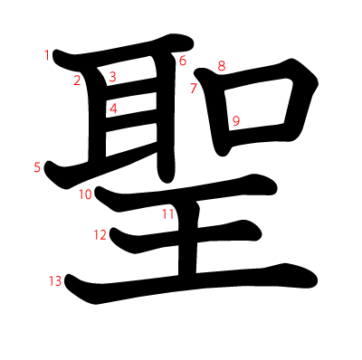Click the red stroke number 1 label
(x=47, y=55)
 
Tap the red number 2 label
(x=77, y=81)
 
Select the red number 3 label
(x=113, y=77)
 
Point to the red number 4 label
(x=113, y=109)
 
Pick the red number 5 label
(x=37, y=167)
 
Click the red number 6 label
(x=183, y=61)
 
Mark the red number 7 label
(x=194, y=88)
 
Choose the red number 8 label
(x=222, y=66)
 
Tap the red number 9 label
(x=236, y=121)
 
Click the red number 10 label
(x=85, y=194)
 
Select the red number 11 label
(x=168, y=214)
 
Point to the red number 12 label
(x=100, y=235)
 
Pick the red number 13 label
(x=55, y=281)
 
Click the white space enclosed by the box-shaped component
(x=256, y=106)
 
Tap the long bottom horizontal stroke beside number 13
(x=191, y=283)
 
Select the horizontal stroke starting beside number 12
(x=185, y=237)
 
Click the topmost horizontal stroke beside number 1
(x=122, y=53)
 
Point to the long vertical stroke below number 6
(x=166, y=118)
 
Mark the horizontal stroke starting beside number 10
(x=186, y=193)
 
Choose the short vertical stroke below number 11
(x=187, y=238)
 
